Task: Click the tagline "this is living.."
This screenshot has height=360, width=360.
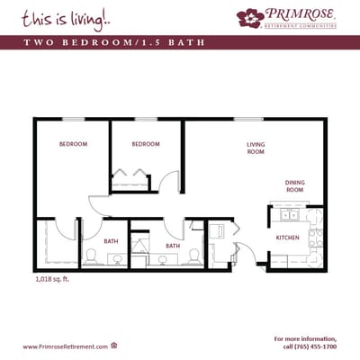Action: (x=56, y=18)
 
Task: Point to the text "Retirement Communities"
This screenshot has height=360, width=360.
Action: (x=300, y=26)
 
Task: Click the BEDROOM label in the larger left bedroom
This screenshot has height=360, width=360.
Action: (x=73, y=144)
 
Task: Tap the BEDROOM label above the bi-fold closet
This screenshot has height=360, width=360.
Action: (x=145, y=144)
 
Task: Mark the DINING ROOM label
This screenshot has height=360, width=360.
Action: (x=294, y=185)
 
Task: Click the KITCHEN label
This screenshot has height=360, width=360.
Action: (x=287, y=238)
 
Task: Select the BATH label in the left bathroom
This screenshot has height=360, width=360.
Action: (x=111, y=241)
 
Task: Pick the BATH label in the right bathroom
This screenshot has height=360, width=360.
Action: (x=172, y=245)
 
